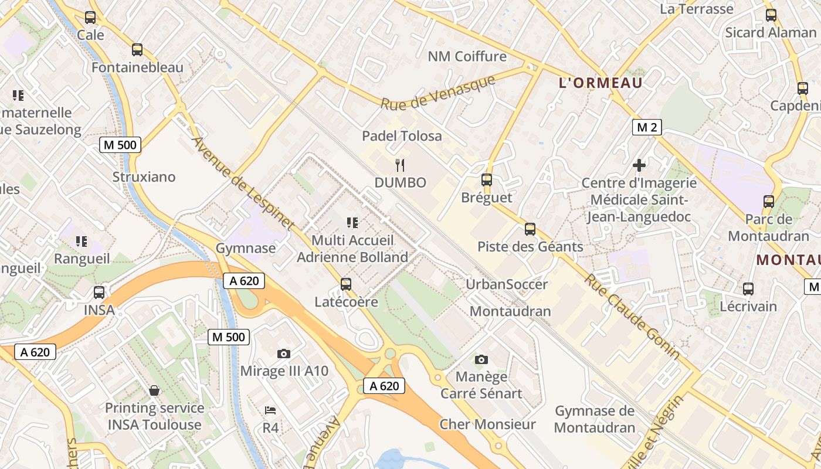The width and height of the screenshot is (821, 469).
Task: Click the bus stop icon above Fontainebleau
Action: coord(137,50)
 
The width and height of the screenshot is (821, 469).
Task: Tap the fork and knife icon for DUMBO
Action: coord(401,165)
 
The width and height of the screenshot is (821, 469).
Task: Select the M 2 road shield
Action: coord(647,127)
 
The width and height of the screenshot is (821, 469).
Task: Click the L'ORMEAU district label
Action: coord(601,83)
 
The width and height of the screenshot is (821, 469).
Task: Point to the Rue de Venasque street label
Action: coord(438,93)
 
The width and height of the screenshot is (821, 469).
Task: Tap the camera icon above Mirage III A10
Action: coord(284,354)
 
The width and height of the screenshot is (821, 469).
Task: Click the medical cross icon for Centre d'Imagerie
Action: coord(639,165)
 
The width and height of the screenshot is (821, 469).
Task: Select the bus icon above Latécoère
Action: coord(346,284)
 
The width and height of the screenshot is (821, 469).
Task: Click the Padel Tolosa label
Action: coord(402,136)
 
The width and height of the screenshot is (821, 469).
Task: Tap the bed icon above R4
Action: coord(270,410)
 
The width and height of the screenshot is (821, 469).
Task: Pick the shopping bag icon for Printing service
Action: coord(154,390)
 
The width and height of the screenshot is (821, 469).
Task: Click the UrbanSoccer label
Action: coord(507,284)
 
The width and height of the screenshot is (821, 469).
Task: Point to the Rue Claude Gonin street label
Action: coord(632,317)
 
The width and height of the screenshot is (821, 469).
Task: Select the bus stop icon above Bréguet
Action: coord(487,180)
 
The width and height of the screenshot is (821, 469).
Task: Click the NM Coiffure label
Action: coord(467,56)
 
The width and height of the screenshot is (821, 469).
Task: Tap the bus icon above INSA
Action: coord(99,292)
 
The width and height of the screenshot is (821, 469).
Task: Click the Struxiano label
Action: coord(144,176)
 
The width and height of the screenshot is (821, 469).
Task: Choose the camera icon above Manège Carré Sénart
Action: coord(481,359)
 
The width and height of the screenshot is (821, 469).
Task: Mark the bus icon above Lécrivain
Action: coord(748,288)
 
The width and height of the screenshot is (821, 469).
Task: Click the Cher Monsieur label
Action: coord(487,424)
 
